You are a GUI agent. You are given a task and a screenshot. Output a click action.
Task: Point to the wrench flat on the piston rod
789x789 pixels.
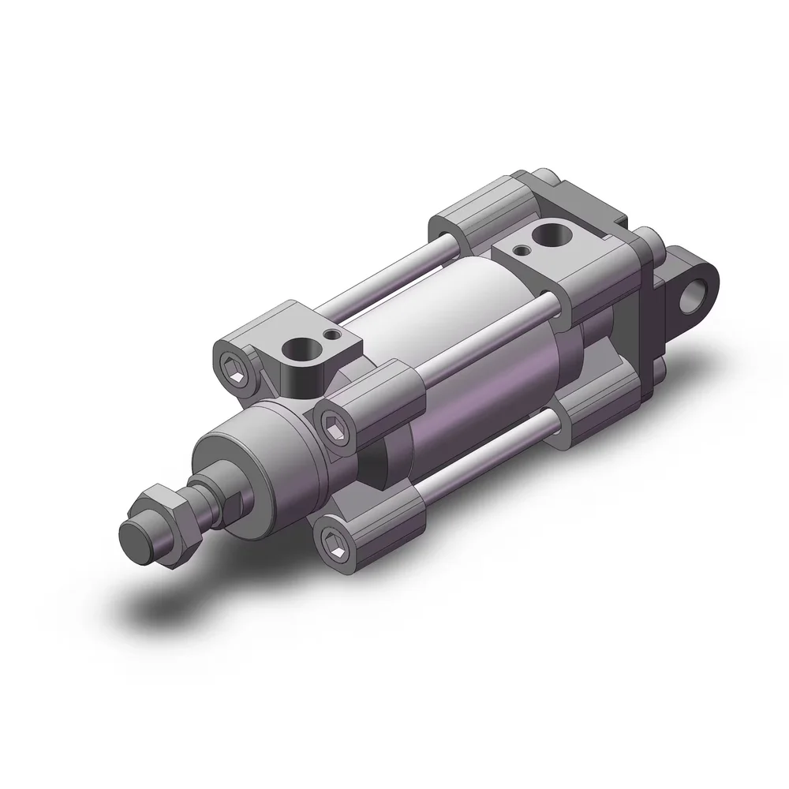click(234, 499)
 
